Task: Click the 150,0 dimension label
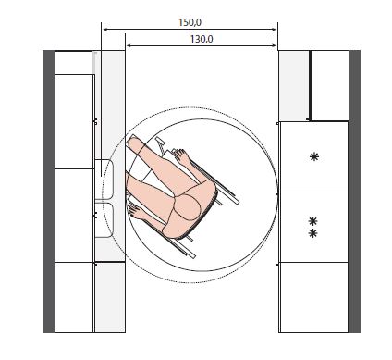click(190, 22)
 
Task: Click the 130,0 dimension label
click(202, 40)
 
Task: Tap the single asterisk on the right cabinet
click(314, 157)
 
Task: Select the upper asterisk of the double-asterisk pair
click(312, 221)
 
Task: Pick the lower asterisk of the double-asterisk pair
click(312, 233)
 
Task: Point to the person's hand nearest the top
click(182, 155)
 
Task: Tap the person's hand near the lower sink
click(135, 211)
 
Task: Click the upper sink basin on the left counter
click(104, 180)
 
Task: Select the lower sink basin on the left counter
click(104, 220)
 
